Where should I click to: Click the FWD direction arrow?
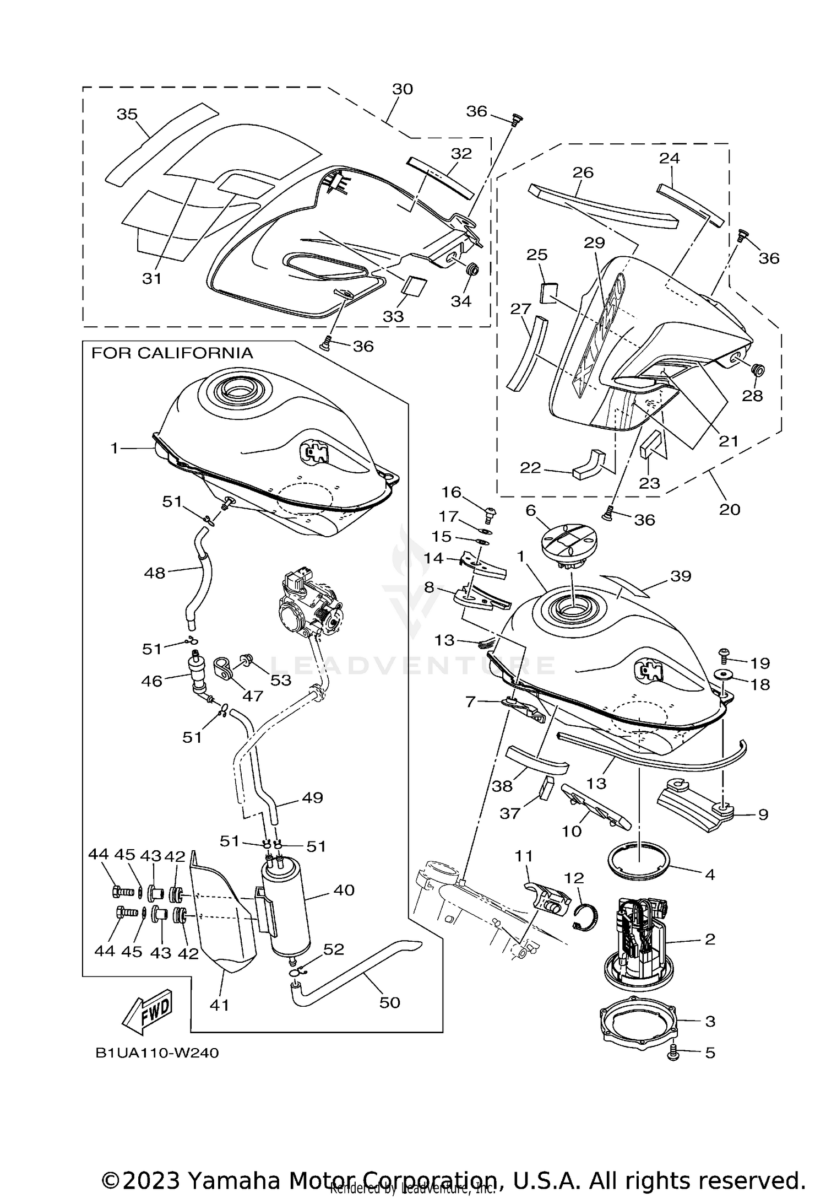tap(148, 1013)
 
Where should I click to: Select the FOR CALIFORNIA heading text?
tap(172, 353)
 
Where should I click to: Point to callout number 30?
tap(403, 89)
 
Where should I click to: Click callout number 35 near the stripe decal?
tap(127, 114)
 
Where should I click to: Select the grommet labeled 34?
tap(472, 271)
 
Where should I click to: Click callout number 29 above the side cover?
tap(595, 243)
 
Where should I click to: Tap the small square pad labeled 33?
tap(413, 286)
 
